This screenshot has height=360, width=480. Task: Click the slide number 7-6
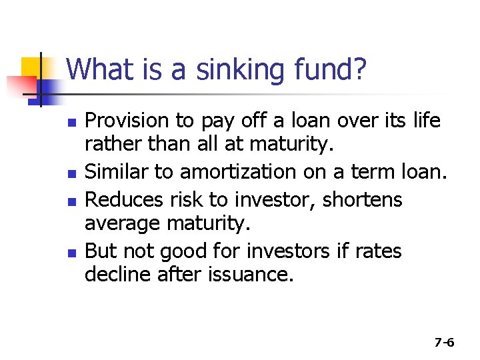click(444, 343)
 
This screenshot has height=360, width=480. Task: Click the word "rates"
click(378, 251)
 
